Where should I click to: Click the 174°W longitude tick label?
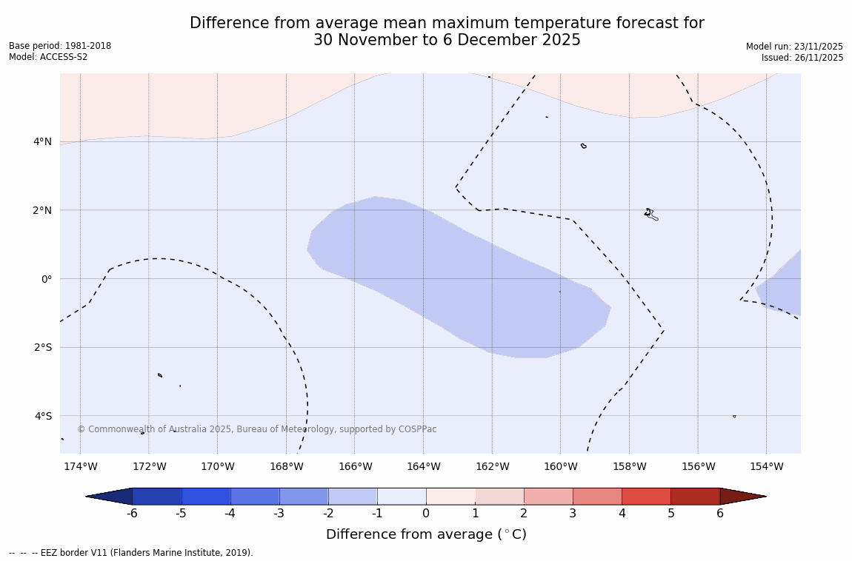click(80, 466)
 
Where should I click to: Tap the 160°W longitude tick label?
click(560, 466)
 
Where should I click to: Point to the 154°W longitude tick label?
click(766, 466)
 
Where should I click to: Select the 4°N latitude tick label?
click(43, 141)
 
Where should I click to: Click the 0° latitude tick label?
click(46, 279)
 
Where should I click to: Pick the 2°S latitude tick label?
click(43, 347)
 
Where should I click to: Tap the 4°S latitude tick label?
click(43, 416)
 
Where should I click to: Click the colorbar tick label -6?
click(132, 514)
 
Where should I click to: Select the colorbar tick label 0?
click(426, 514)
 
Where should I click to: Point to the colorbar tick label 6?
click(719, 514)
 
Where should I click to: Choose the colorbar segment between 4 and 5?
click(646, 497)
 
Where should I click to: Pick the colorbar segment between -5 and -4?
click(206, 497)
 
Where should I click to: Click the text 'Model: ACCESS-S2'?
click(48, 57)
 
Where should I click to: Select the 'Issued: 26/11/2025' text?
click(802, 58)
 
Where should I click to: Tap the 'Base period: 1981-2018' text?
click(60, 46)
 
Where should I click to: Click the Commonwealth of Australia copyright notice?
click(257, 429)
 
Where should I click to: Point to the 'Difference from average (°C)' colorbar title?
click(426, 534)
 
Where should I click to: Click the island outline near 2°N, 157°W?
click(650, 214)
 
